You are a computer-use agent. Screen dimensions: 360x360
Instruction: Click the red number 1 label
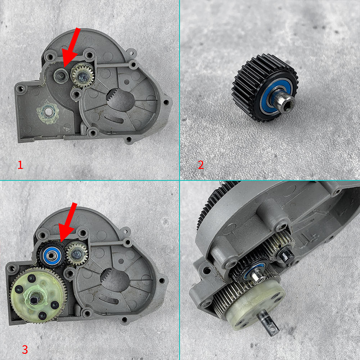tap(20, 165)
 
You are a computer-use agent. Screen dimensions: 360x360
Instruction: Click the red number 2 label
tap(201, 165)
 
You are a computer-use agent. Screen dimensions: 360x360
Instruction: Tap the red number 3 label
tap(25, 350)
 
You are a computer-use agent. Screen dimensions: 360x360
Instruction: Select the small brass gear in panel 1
tap(83, 75)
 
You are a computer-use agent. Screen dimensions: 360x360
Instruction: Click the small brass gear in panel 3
tap(77, 253)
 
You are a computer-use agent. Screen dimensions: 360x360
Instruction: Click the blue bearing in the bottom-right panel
tap(255, 274)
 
